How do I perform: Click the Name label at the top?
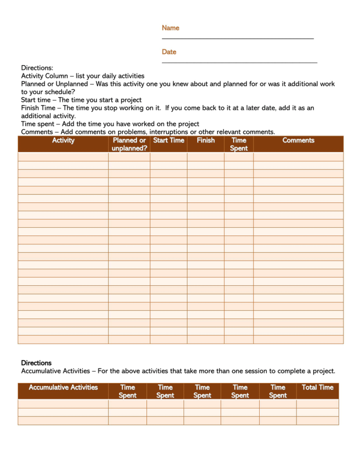[170, 28]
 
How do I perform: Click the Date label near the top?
[169, 52]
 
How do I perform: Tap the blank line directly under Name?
[238, 39]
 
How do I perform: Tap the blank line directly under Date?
[239, 63]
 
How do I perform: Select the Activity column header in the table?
[63, 140]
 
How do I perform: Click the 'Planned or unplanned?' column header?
[129, 144]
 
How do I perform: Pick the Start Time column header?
[169, 140]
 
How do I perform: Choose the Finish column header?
[206, 140]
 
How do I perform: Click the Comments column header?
[298, 140]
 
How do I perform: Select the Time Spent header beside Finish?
[238, 144]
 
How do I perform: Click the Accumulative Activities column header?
[63, 387]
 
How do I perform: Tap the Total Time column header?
[317, 387]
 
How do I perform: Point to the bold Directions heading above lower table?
[36, 363]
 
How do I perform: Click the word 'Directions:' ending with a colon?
[37, 68]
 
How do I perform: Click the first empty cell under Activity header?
[63, 157]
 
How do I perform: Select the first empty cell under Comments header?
[298, 157]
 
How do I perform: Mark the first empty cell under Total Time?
[317, 403]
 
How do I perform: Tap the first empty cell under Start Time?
[169, 157]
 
